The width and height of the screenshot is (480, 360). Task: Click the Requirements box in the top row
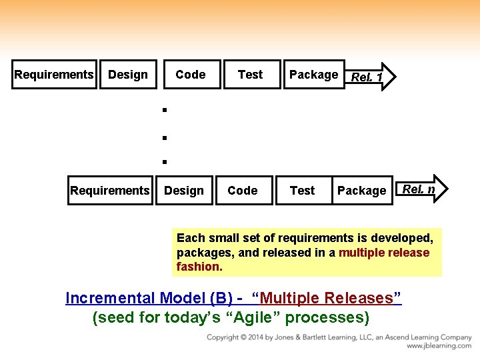click(x=54, y=75)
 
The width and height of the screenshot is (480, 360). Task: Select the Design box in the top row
click(x=128, y=75)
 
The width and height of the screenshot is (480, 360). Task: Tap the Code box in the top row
click(x=191, y=75)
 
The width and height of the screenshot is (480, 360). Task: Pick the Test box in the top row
click(x=251, y=75)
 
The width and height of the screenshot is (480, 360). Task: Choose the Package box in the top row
click(x=313, y=75)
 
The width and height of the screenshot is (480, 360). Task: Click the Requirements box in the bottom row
click(x=110, y=191)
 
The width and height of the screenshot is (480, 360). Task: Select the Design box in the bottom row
click(x=184, y=191)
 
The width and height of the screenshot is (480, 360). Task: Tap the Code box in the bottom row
click(x=243, y=191)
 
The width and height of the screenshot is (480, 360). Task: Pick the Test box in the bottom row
click(x=303, y=191)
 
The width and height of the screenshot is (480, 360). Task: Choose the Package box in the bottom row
click(x=362, y=191)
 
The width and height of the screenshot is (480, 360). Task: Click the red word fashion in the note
click(x=197, y=267)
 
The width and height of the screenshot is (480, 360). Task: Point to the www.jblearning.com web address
click(x=439, y=346)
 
